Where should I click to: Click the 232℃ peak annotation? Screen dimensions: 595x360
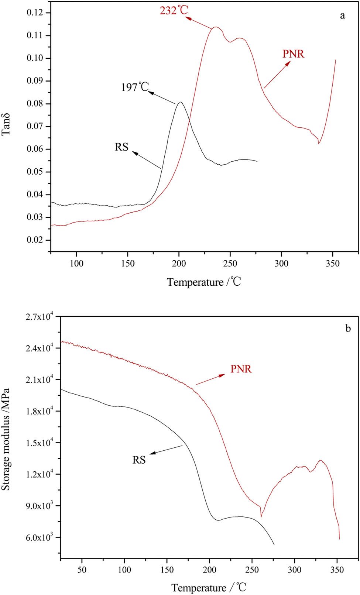(x=174, y=10)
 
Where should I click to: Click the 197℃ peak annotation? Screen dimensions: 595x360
(x=135, y=87)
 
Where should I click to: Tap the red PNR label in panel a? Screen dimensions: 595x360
(x=293, y=54)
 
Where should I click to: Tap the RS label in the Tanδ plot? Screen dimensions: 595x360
(x=121, y=147)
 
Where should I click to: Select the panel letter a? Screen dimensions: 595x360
(x=343, y=16)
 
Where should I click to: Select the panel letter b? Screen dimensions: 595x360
(x=348, y=328)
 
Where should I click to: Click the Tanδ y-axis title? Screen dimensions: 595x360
(x=6, y=125)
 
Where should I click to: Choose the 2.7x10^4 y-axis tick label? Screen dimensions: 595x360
(x=40, y=317)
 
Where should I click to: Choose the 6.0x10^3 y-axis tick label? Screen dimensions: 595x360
(x=40, y=537)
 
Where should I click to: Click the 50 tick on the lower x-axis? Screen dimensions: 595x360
(x=82, y=570)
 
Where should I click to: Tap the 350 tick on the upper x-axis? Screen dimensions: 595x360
(x=333, y=264)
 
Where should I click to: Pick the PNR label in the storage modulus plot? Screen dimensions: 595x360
(x=241, y=369)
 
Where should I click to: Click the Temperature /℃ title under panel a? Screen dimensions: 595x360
(x=204, y=282)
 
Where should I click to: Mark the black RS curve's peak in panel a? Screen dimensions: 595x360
(x=180, y=102)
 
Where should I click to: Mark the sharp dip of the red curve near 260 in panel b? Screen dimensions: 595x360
(x=261, y=516)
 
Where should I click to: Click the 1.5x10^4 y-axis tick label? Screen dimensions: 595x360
(x=40, y=443)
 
